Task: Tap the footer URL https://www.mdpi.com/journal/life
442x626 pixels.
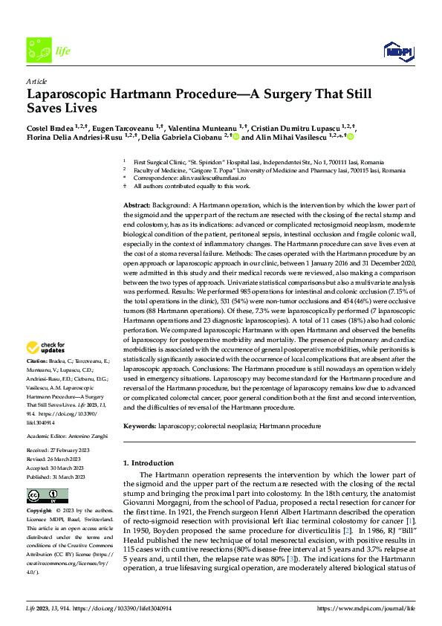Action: pos(366,608)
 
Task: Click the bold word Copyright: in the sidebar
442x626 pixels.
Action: pos(39,512)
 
